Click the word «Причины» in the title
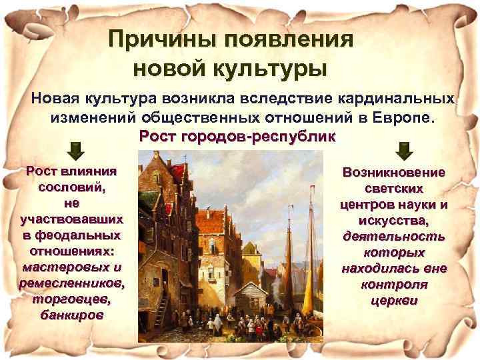pyautogui.click(x=164, y=39)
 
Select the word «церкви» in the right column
pyautogui.click(x=393, y=300)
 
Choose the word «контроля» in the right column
pyautogui.click(x=393, y=284)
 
